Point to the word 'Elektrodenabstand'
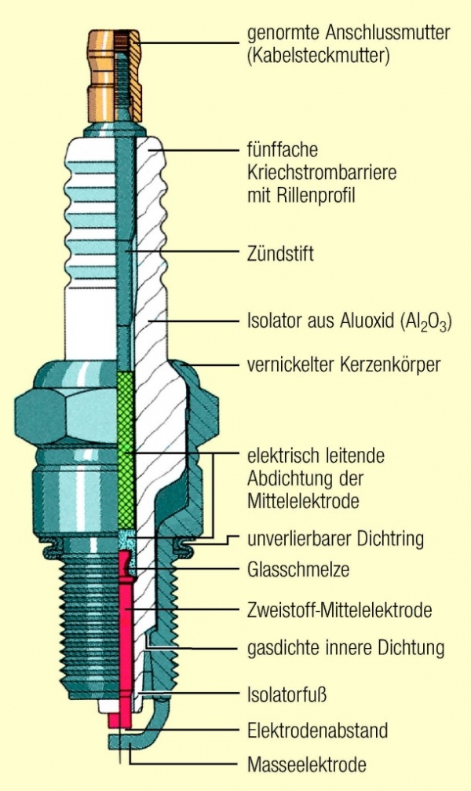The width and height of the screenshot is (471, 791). [x=317, y=731]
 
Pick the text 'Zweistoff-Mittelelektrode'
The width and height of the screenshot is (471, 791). [x=340, y=609]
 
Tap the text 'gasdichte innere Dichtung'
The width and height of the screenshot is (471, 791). [x=345, y=648]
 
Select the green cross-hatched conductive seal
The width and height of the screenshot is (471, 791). [x=126, y=448]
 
